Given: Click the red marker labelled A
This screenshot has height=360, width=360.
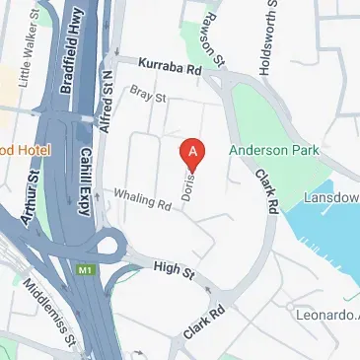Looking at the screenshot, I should tap(194, 152).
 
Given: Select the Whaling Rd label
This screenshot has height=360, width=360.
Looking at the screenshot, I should tap(143, 200).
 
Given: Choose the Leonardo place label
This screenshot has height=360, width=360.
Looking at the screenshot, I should tap(327, 315).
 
